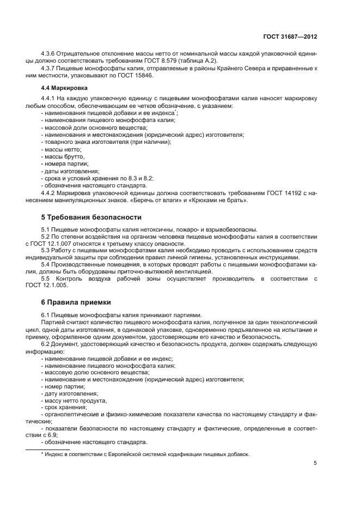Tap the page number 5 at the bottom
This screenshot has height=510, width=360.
click(x=315, y=463)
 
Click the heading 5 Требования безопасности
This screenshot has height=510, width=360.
click(x=91, y=217)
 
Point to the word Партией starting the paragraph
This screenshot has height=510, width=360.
click(x=52, y=323)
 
